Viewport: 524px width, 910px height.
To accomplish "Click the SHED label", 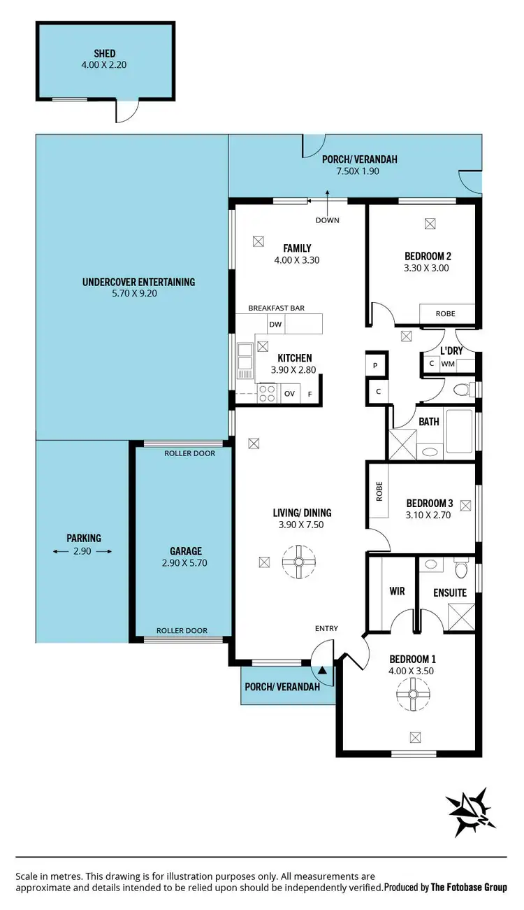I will coord(105,53).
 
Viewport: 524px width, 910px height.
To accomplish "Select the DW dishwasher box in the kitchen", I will coord(275,324).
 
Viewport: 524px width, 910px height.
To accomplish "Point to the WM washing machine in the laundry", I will coord(448,364).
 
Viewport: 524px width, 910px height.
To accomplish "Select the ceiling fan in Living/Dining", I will coord(299,560).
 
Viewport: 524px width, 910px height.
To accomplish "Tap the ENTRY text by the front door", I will coord(326,628).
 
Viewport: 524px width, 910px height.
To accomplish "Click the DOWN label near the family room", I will coord(327,220).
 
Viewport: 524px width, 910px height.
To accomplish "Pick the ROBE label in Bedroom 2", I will coord(446,314).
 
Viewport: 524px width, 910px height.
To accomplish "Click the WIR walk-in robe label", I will coord(397,591).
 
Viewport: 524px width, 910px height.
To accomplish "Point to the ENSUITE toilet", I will coord(460,570).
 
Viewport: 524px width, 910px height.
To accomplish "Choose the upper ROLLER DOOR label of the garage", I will coord(189,453).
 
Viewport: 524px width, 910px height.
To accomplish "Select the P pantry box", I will coord(375,366).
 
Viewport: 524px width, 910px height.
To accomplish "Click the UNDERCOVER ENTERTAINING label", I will coord(138,282).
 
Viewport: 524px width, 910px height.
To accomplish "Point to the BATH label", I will coord(429,422).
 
